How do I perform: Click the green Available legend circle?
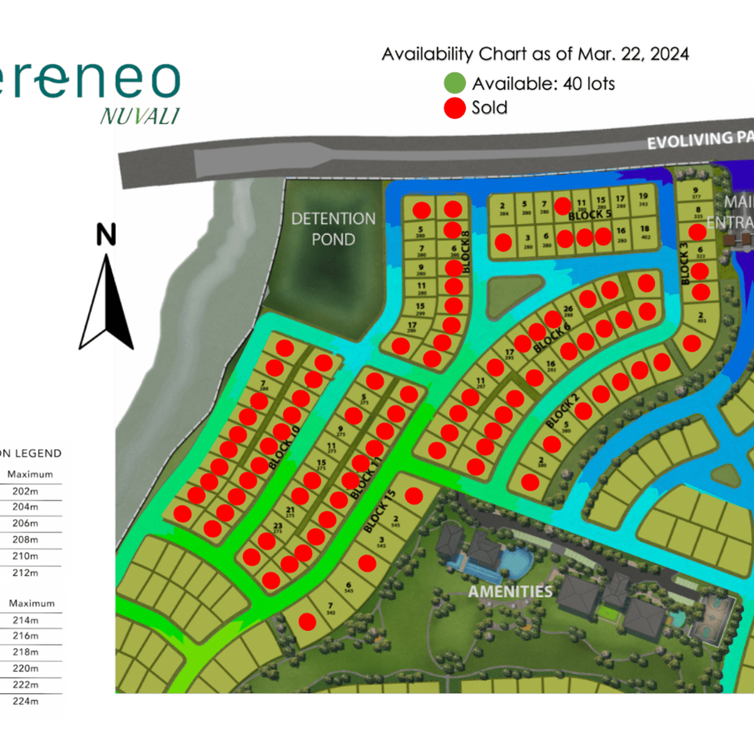454,83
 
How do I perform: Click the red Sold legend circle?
454,107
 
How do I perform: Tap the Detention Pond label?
333,229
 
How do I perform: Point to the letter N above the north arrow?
106,235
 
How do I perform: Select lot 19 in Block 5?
643,199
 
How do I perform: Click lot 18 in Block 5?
645,232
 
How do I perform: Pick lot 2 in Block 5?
503,209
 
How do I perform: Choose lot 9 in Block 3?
696,193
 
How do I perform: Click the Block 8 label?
466,252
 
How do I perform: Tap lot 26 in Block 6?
568,311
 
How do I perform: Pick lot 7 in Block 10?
263,385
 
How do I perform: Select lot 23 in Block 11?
278,528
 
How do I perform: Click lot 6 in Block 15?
349,587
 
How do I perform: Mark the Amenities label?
510,592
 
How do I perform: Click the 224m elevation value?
26,701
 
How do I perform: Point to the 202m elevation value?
26,491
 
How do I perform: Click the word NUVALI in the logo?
139,116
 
